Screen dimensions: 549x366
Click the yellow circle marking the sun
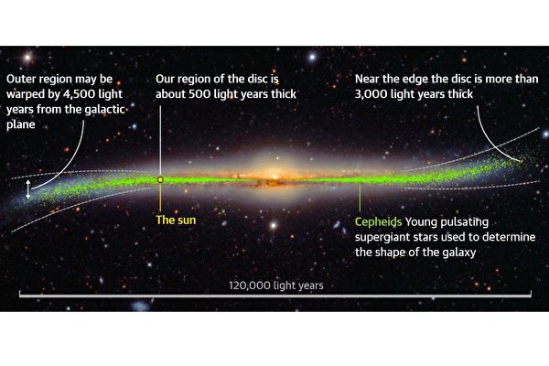(x=160, y=179)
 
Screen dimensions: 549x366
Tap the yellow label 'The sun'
(x=176, y=220)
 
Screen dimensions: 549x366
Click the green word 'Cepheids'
(x=378, y=222)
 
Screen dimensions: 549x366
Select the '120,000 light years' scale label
(x=276, y=285)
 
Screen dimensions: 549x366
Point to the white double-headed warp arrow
(x=28, y=189)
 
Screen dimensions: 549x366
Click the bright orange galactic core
(x=274, y=174)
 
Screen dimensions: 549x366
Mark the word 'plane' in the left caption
(x=21, y=125)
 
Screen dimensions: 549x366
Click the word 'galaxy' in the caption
(x=459, y=253)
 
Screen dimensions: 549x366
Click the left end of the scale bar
(x=20, y=296)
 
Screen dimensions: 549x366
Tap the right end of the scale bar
(x=531, y=296)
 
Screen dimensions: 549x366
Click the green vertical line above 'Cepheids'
(x=360, y=197)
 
